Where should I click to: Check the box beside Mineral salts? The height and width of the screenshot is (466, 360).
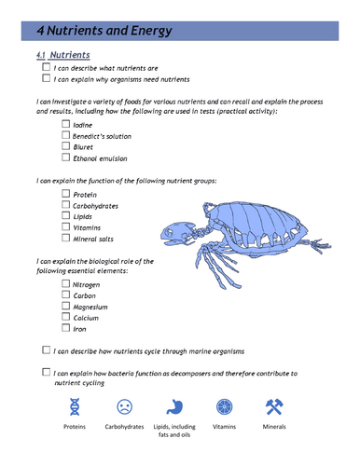click(x=65, y=239)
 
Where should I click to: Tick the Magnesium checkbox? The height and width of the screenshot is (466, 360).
click(x=65, y=306)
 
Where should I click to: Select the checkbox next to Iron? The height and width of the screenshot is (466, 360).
click(x=65, y=328)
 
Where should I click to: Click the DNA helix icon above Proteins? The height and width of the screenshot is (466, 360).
click(x=74, y=406)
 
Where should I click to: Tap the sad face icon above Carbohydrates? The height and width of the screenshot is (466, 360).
click(x=123, y=406)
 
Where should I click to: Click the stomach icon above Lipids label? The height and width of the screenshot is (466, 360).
click(x=173, y=406)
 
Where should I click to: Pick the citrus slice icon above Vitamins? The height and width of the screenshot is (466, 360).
click(x=224, y=406)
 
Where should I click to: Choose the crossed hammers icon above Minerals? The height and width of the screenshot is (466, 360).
click(x=274, y=406)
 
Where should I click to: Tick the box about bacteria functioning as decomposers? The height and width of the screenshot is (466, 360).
click(x=47, y=372)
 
